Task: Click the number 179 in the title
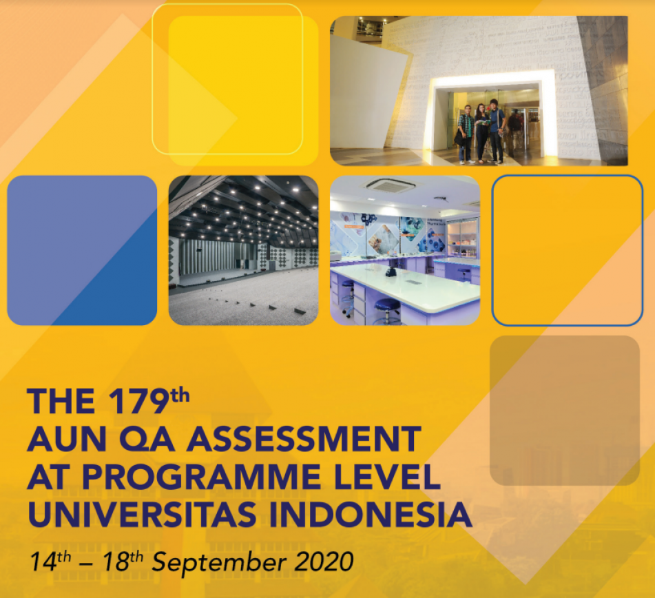(x=138, y=402)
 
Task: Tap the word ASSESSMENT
(x=304, y=439)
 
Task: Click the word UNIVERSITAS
(x=142, y=514)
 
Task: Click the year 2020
(x=324, y=561)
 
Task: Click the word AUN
(x=67, y=439)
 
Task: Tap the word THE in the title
(x=61, y=402)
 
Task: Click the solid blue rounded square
(x=82, y=250)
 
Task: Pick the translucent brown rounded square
(x=565, y=411)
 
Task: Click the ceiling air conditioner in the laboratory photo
(x=390, y=185)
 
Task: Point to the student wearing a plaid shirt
(x=466, y=134)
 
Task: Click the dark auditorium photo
(x=244, y=250)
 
